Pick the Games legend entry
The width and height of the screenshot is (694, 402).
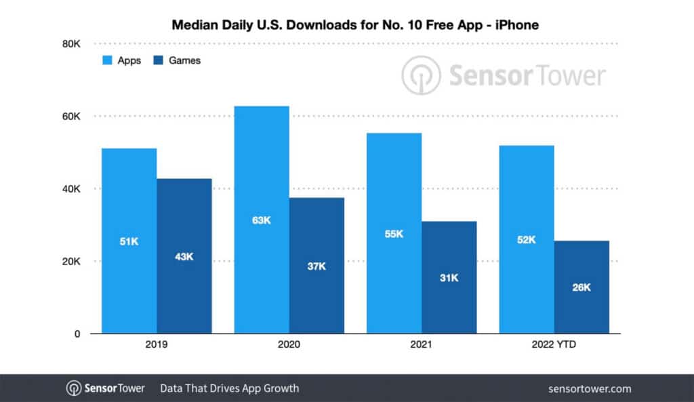point(178,60)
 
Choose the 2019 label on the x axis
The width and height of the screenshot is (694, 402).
point(157,344)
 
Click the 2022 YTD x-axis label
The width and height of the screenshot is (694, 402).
point(554,344)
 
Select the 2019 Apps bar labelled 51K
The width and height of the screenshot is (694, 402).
point(129,241)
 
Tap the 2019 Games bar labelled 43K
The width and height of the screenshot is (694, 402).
point(184,256)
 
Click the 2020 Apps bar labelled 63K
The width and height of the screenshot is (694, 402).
point(262,220)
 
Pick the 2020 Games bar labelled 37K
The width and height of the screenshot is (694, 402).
point(317,266)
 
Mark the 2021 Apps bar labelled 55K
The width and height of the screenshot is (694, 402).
point(394,233)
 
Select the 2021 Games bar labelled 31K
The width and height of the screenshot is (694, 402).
point(449,277)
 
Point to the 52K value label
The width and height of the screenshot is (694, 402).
point(526,239)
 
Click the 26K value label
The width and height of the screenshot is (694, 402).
point(581,287)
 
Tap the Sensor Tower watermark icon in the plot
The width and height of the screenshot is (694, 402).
point(421,75)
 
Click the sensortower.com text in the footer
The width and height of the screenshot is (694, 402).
point(589,388)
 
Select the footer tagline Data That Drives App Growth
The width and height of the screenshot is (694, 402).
point(229,388)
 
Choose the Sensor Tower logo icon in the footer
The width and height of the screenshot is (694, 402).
point(74,388)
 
